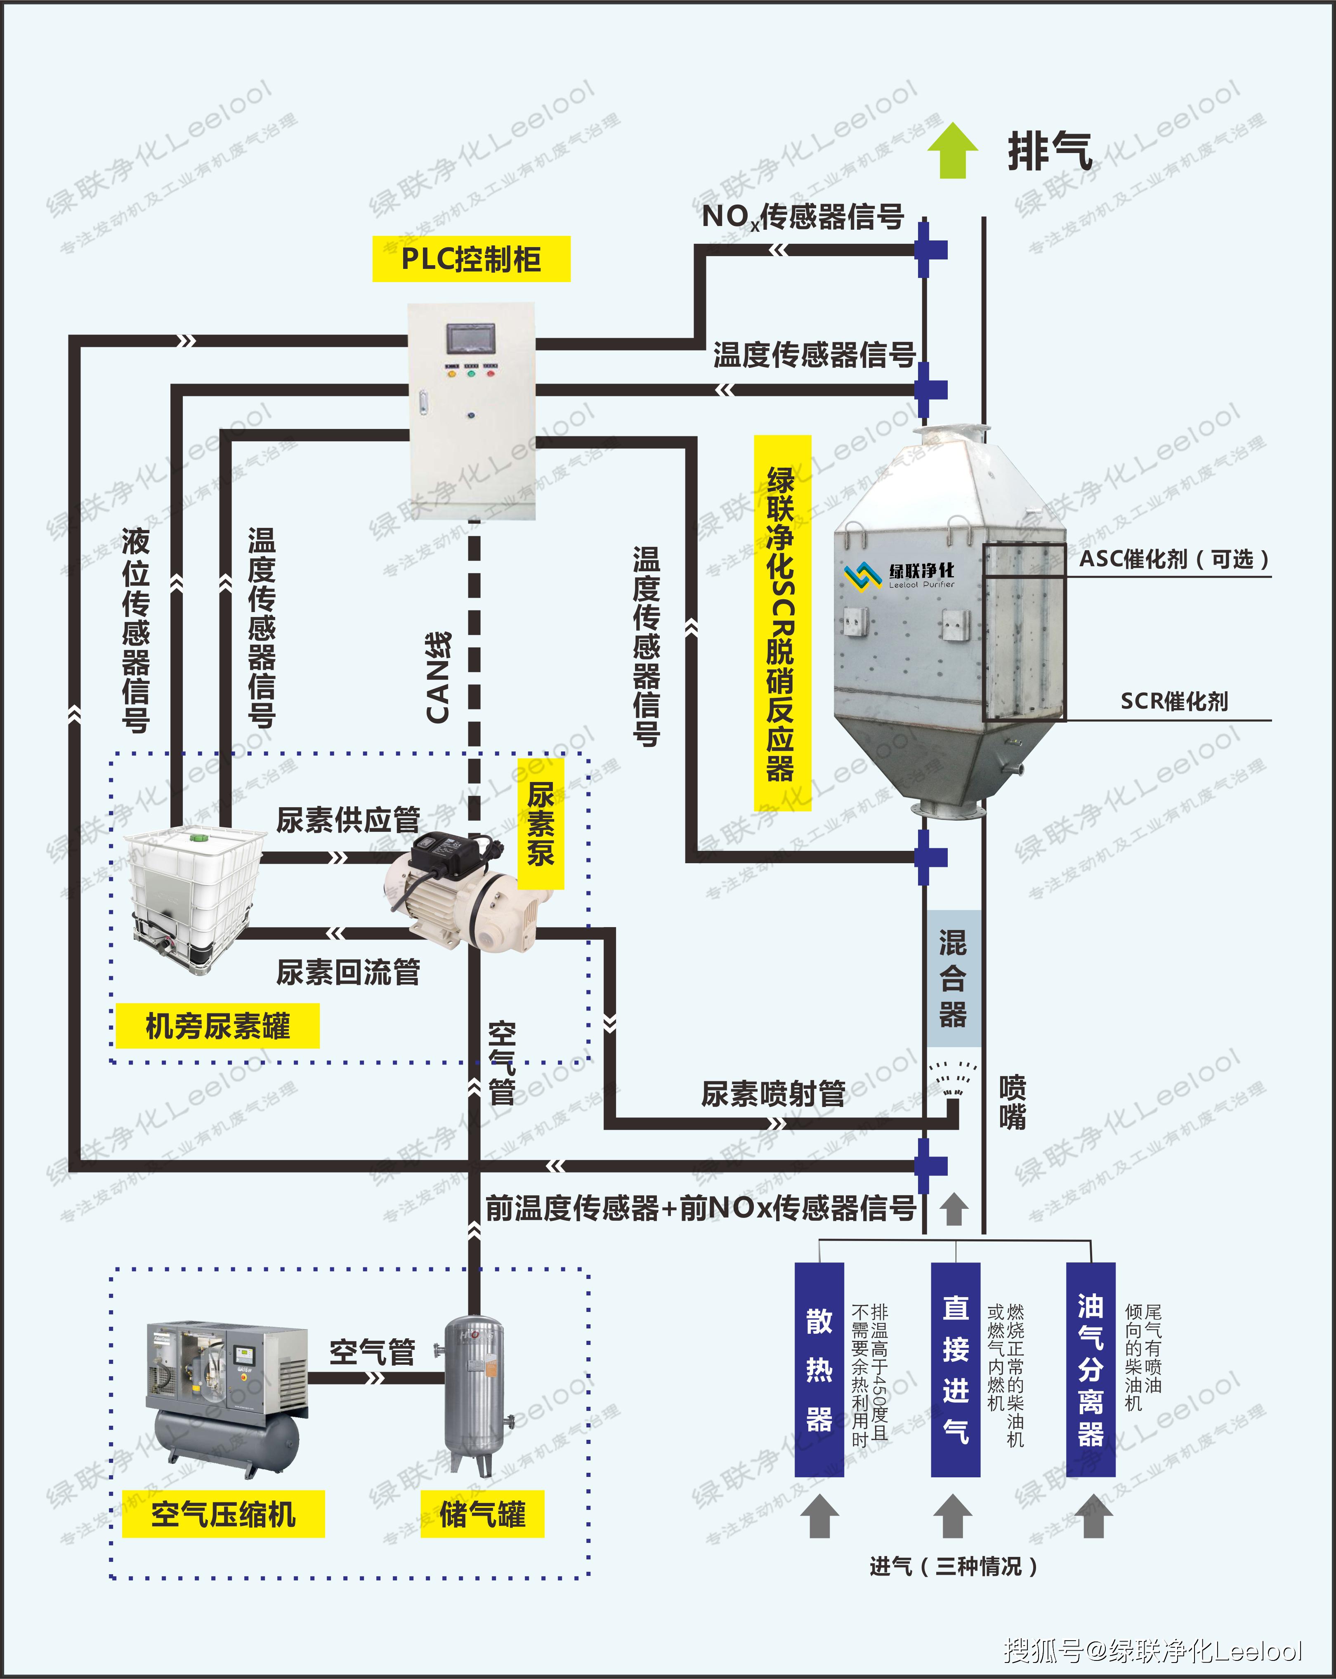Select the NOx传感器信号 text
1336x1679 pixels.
pos(803,217)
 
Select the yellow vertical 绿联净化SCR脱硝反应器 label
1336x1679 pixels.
pos(781,623)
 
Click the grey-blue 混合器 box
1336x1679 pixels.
pos(953,978)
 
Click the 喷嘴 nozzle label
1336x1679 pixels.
pos(1012,1102)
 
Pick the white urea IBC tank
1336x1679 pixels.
pos(195,895)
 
